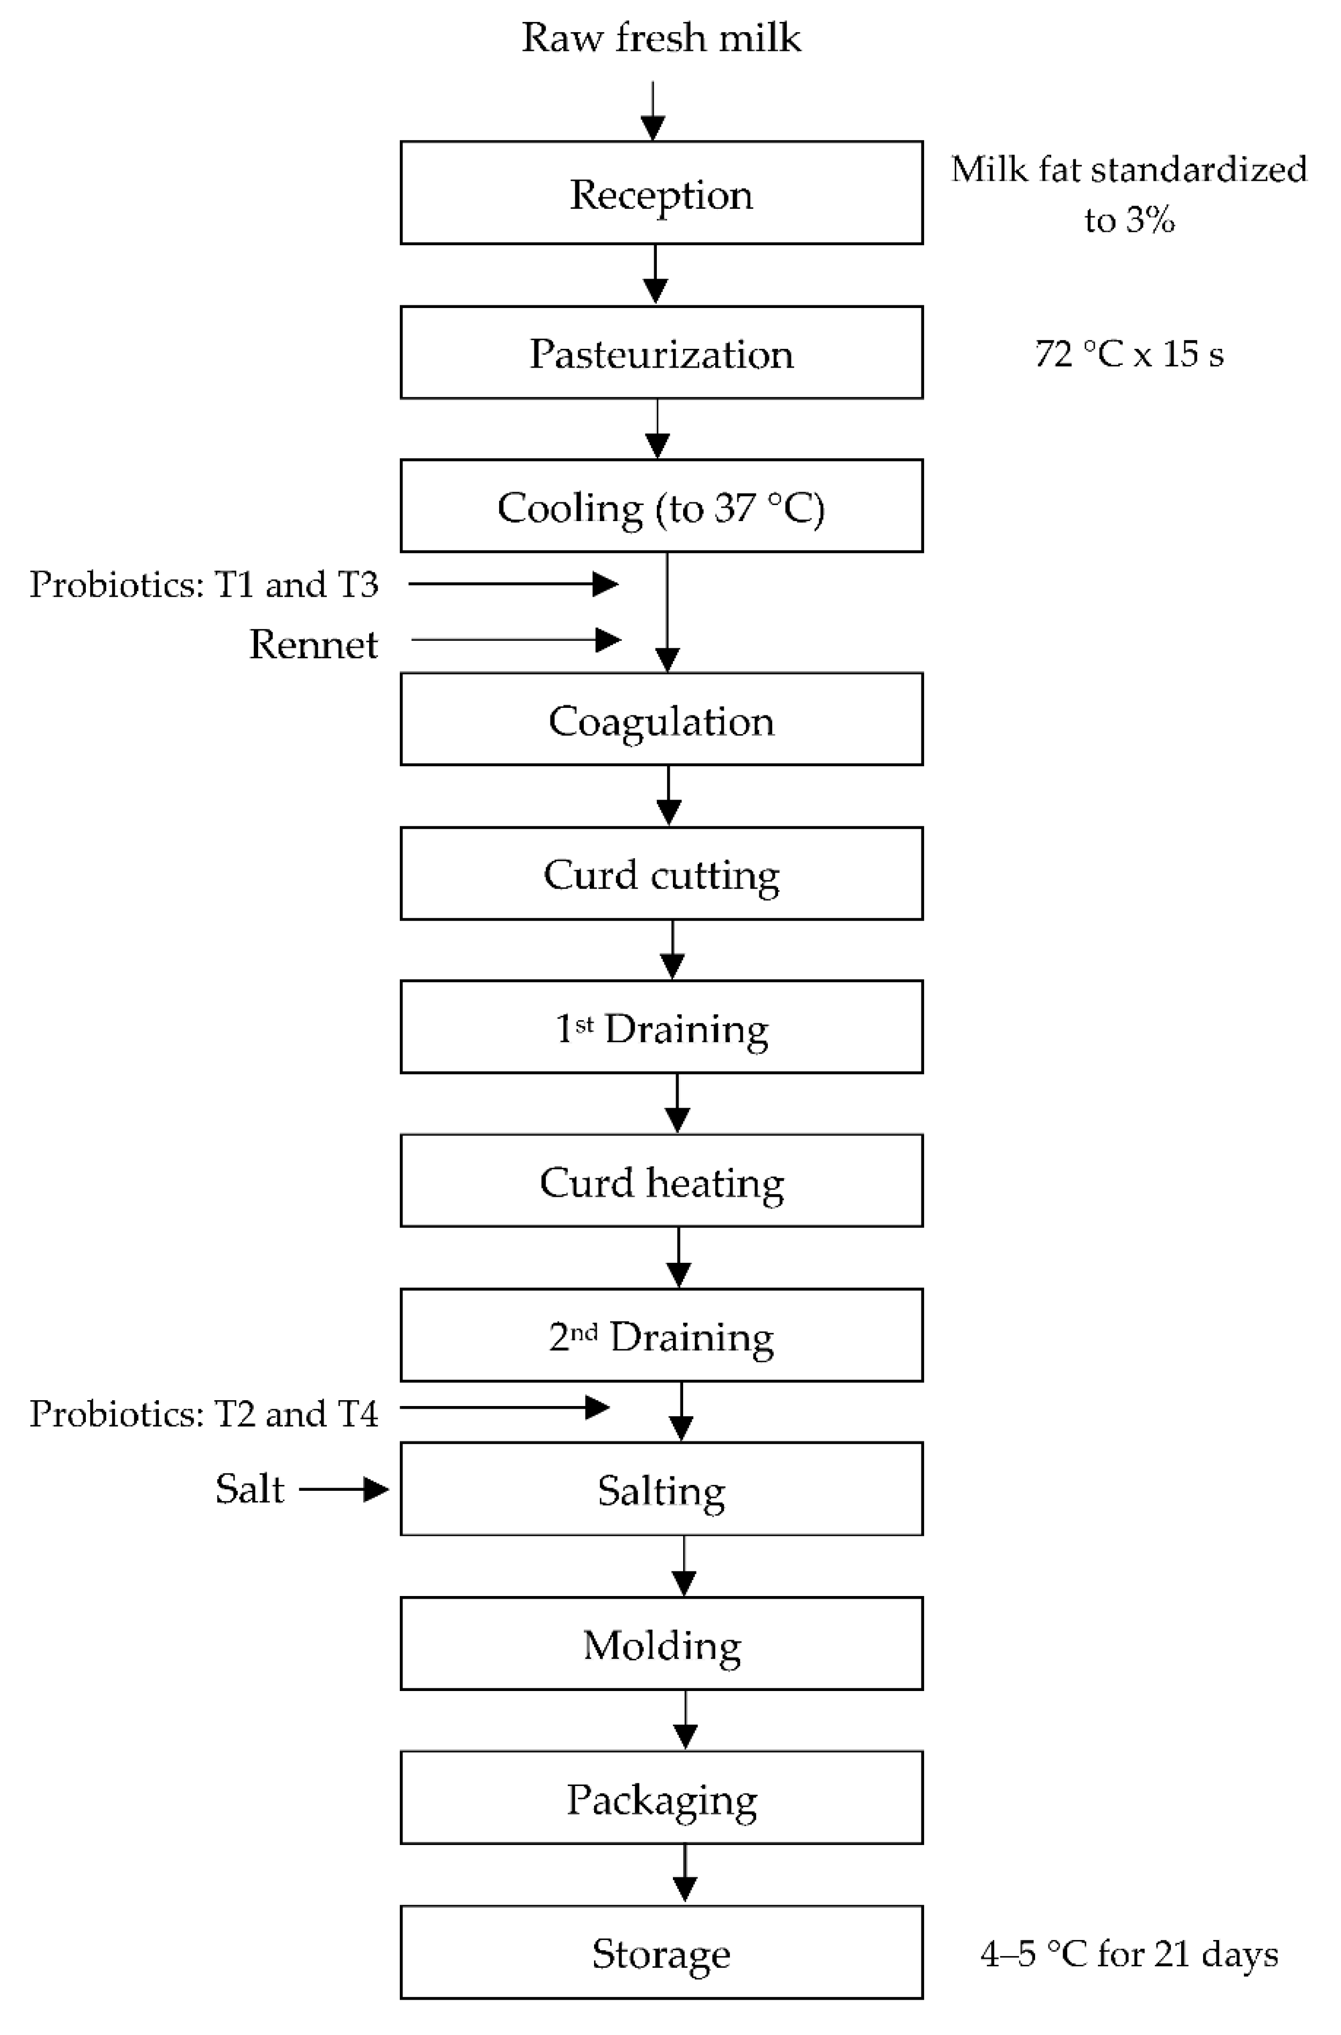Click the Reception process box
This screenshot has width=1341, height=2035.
tap(661, 193)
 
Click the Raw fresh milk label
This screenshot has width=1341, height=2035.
tap(661, 38)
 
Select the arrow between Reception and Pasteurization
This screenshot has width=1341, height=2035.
tap(655, 274)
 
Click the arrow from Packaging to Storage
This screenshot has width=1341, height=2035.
tap(684, 1873)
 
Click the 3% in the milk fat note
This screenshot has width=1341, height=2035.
tap(1151, 221)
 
